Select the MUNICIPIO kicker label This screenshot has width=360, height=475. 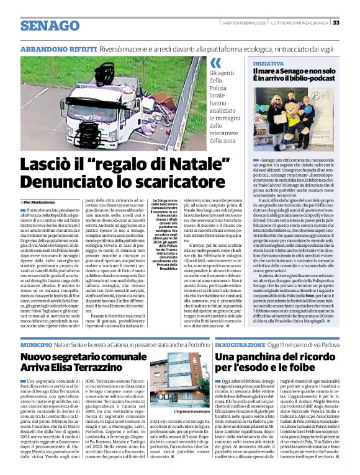click(37, 344)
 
